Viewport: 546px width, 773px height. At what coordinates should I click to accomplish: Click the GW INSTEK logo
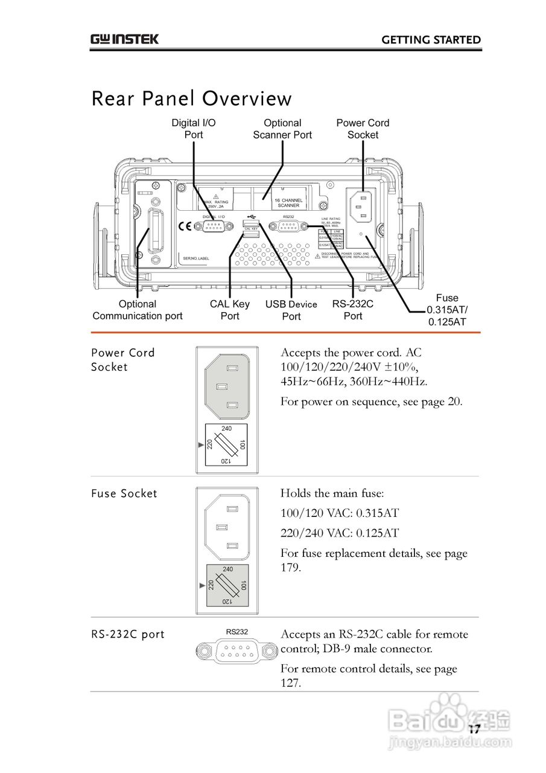(x=125, y=39)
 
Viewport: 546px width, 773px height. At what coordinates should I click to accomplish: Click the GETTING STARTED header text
(x=431, y=40)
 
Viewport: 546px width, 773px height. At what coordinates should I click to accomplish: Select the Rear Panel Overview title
(x=191, y=98)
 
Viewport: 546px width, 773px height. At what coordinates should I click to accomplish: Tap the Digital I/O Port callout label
(x=194, y=129)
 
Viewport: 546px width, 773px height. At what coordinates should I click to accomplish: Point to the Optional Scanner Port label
(x=282, y=129)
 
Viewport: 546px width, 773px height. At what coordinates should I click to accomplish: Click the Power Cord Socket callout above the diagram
(x=363, y=129)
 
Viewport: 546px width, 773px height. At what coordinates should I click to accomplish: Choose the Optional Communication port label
(x=138, y=310)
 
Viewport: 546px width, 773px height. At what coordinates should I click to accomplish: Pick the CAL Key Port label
(x=230, y=310)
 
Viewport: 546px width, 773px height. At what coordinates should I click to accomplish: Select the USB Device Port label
(x=291, y=310)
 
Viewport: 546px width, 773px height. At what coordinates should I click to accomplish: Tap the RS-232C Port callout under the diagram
(x=353, y=310)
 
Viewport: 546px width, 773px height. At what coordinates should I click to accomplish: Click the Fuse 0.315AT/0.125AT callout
(x=447, y=310)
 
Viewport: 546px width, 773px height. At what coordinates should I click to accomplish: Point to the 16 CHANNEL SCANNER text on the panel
(x=288, y=203)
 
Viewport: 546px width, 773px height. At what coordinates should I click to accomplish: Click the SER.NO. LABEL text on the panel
(x=196, y=258)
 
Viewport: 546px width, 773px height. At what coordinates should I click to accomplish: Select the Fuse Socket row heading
(x=124, y=493)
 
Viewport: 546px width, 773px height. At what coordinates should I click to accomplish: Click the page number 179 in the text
(x=290, y=568)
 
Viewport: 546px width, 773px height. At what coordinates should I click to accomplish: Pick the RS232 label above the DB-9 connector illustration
(x=237, y=632)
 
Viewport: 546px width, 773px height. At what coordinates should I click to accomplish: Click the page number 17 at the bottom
(x=474, y=730)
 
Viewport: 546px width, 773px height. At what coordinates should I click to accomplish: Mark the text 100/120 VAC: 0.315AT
(x=340, y=513)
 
